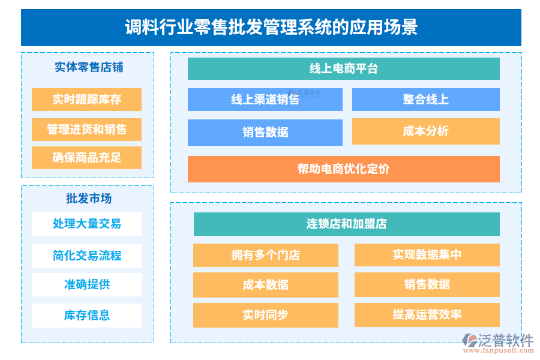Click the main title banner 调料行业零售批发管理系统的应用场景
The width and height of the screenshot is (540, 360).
(x=271, y=28)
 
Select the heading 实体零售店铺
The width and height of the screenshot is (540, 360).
(x=88, y=68)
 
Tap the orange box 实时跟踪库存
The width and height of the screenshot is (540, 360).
(x=86, y=100)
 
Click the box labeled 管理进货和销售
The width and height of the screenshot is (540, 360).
(x=86, y=130)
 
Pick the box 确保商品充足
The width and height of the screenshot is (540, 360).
(x=86, y=158)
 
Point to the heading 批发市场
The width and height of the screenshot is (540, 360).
(x=88, y=199)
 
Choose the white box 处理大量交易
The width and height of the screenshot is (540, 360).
(x=86, y=224)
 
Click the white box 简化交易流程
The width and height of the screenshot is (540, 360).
(x=86, y=256)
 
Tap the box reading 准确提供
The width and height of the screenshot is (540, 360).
(x=86, y=284)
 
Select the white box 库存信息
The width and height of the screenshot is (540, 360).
(x=86, y=315)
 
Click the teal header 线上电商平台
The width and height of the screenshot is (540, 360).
(x=343, y=68)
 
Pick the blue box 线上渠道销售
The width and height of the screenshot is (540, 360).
(x=265, y=100)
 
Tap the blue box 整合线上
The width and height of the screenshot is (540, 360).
(x=425, y=100)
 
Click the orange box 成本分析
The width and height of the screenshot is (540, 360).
(x=425, y=131)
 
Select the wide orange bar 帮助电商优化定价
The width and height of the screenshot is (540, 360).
(x=343, y=169)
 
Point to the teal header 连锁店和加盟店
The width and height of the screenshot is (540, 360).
(x=346, y=224)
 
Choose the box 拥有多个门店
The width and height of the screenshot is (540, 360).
(x=265, y=255)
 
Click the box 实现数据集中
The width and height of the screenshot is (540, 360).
(x=427, y=255)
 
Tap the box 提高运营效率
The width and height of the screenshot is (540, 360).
(x=427, y=315)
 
